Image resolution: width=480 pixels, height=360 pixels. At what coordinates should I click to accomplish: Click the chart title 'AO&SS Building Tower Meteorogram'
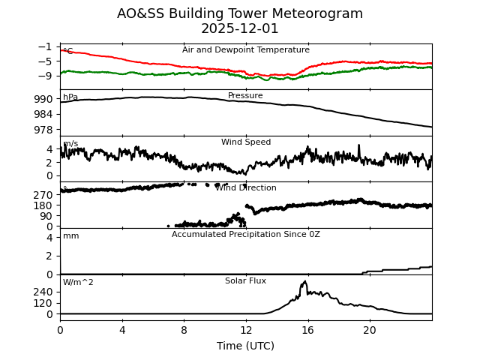coord(240,13)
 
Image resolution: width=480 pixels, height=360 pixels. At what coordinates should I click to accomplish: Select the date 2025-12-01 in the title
coord(240,28)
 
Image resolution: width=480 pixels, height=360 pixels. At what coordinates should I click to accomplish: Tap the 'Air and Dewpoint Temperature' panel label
coord(246,50)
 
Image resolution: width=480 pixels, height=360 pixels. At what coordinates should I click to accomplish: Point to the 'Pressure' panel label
coord(246,96)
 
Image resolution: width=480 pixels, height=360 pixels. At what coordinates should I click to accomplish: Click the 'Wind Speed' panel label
coord(246,142)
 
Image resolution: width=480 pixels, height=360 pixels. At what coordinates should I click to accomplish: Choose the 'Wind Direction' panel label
coord(246,188)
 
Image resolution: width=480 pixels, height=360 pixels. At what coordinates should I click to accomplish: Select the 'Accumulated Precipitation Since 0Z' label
coord(246,235)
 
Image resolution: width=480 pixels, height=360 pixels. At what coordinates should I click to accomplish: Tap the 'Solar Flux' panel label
coord(246,280)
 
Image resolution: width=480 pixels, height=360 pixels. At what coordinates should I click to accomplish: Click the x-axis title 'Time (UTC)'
coord(246,346)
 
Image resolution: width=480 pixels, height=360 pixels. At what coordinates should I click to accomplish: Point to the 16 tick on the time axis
coord(307,331)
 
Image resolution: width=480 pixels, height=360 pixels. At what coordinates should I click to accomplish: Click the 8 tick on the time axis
coord(184,331)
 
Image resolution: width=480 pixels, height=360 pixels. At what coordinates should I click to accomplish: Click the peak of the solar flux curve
coord(304,282)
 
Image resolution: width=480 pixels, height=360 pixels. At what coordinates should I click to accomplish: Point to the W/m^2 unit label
coord(78,283)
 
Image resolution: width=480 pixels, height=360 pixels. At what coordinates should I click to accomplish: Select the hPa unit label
coord(70,97)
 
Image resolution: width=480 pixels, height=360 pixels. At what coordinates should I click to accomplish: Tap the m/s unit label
coord(70,144)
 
